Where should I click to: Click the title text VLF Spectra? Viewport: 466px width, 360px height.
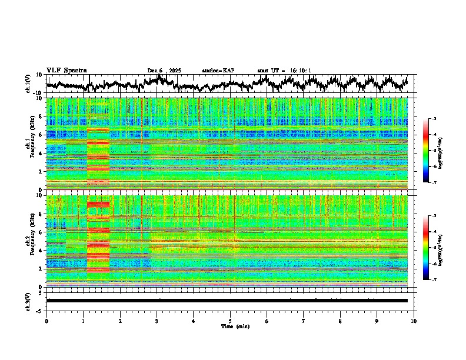tap(66, 71)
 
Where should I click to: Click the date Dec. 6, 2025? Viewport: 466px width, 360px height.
tap(164, 71)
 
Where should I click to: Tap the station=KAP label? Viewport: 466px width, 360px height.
tap(218, 71)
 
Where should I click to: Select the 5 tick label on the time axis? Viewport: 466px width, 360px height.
tap(230, 321)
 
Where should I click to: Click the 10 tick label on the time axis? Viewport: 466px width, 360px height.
tap(414, 321)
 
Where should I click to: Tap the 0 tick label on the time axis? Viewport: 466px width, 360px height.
tap(46, 321)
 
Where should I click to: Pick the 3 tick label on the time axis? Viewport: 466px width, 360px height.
tap(157, 321)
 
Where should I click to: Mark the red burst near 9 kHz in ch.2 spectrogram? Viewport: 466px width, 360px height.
tap(98, 204)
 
